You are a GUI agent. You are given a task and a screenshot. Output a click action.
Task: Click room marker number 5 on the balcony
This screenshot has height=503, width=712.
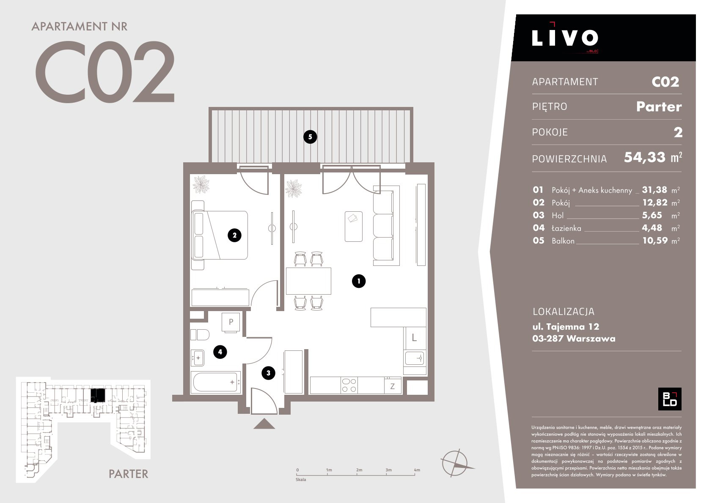(310, 137)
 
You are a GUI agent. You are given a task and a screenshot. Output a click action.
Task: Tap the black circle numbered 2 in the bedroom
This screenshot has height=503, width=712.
(234, 235)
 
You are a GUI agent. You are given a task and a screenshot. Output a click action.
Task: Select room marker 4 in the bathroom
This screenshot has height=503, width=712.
(220, 352)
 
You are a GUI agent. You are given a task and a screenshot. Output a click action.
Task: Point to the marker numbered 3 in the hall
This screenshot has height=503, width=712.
(268, 373)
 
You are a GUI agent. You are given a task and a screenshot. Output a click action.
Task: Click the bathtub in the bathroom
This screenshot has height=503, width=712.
(216, 383)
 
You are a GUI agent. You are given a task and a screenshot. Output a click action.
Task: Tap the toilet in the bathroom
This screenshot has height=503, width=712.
(200, 335)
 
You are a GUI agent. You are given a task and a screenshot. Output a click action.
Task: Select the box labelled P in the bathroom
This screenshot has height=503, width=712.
(231, 323)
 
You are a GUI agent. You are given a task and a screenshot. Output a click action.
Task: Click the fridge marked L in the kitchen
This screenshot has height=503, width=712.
(415, 338)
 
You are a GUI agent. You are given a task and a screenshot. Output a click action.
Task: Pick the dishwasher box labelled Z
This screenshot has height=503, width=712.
(393, 386)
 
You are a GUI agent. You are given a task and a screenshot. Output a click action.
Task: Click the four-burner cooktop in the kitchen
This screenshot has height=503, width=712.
(349, 385)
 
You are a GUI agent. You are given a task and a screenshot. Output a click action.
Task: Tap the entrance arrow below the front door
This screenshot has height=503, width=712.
(264, 424)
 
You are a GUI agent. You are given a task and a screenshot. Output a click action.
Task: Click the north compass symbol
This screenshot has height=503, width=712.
(456, 463)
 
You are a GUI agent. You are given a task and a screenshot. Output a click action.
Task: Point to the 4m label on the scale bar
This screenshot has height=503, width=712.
(417, 470)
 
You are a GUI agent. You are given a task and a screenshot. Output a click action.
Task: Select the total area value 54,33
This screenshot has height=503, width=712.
(645, 158)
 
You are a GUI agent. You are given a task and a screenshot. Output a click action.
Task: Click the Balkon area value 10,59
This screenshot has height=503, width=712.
(655, 241)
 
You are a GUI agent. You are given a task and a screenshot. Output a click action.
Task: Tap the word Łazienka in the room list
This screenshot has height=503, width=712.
(566, 228)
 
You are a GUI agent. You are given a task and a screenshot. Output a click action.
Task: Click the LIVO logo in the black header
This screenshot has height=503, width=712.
(565, 38)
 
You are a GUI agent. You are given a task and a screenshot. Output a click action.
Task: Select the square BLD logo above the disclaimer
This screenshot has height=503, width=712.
(670, 399)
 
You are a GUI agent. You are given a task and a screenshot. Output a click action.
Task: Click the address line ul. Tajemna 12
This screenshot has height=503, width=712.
(566, 327)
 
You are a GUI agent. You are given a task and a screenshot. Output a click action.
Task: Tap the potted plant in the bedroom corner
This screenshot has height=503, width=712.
(201, 184)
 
